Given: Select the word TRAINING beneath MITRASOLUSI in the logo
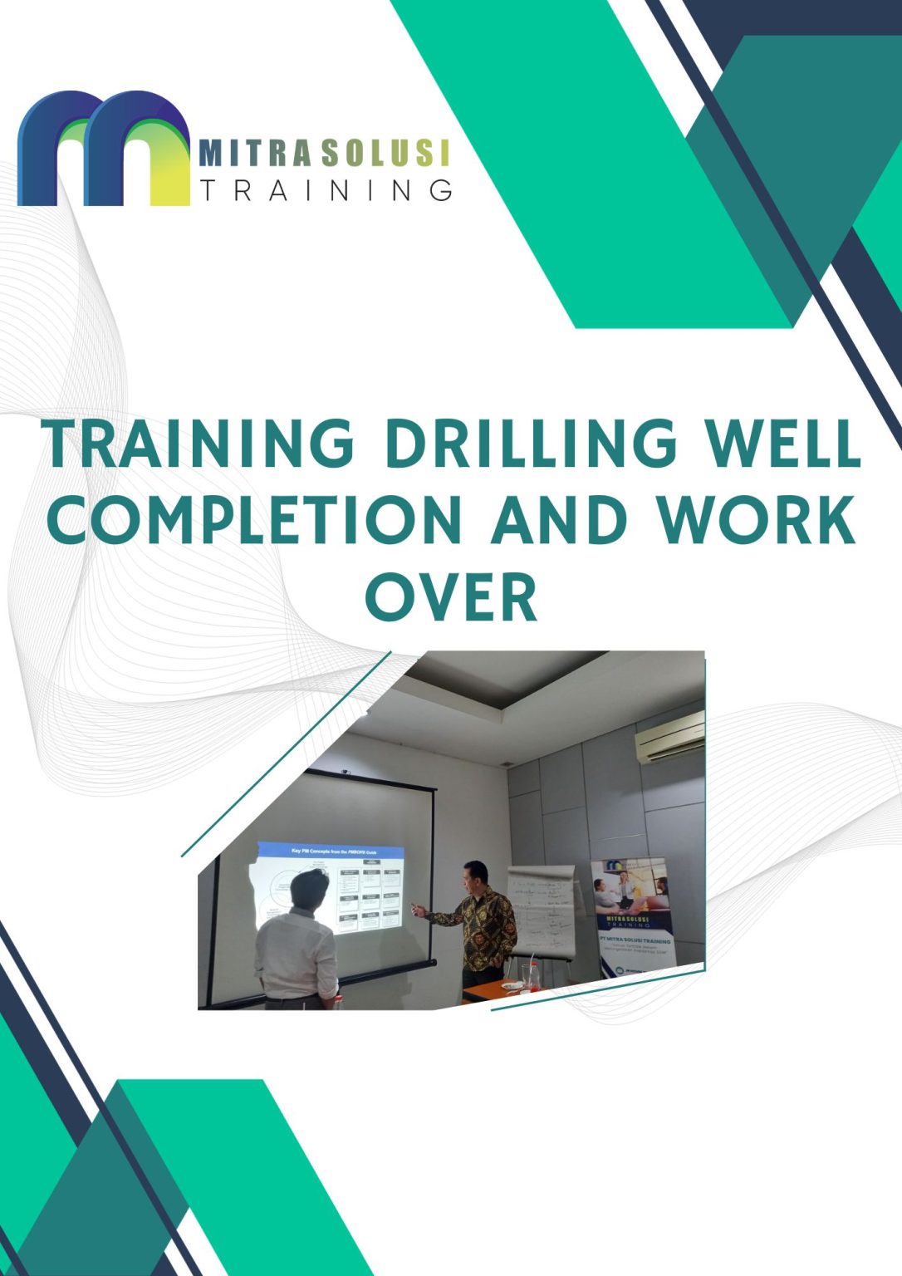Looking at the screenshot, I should coord(326,190).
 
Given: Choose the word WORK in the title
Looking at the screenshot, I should coord(756,520).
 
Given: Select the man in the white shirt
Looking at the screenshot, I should coord(297,947).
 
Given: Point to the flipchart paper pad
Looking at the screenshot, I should coord(541,910).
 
